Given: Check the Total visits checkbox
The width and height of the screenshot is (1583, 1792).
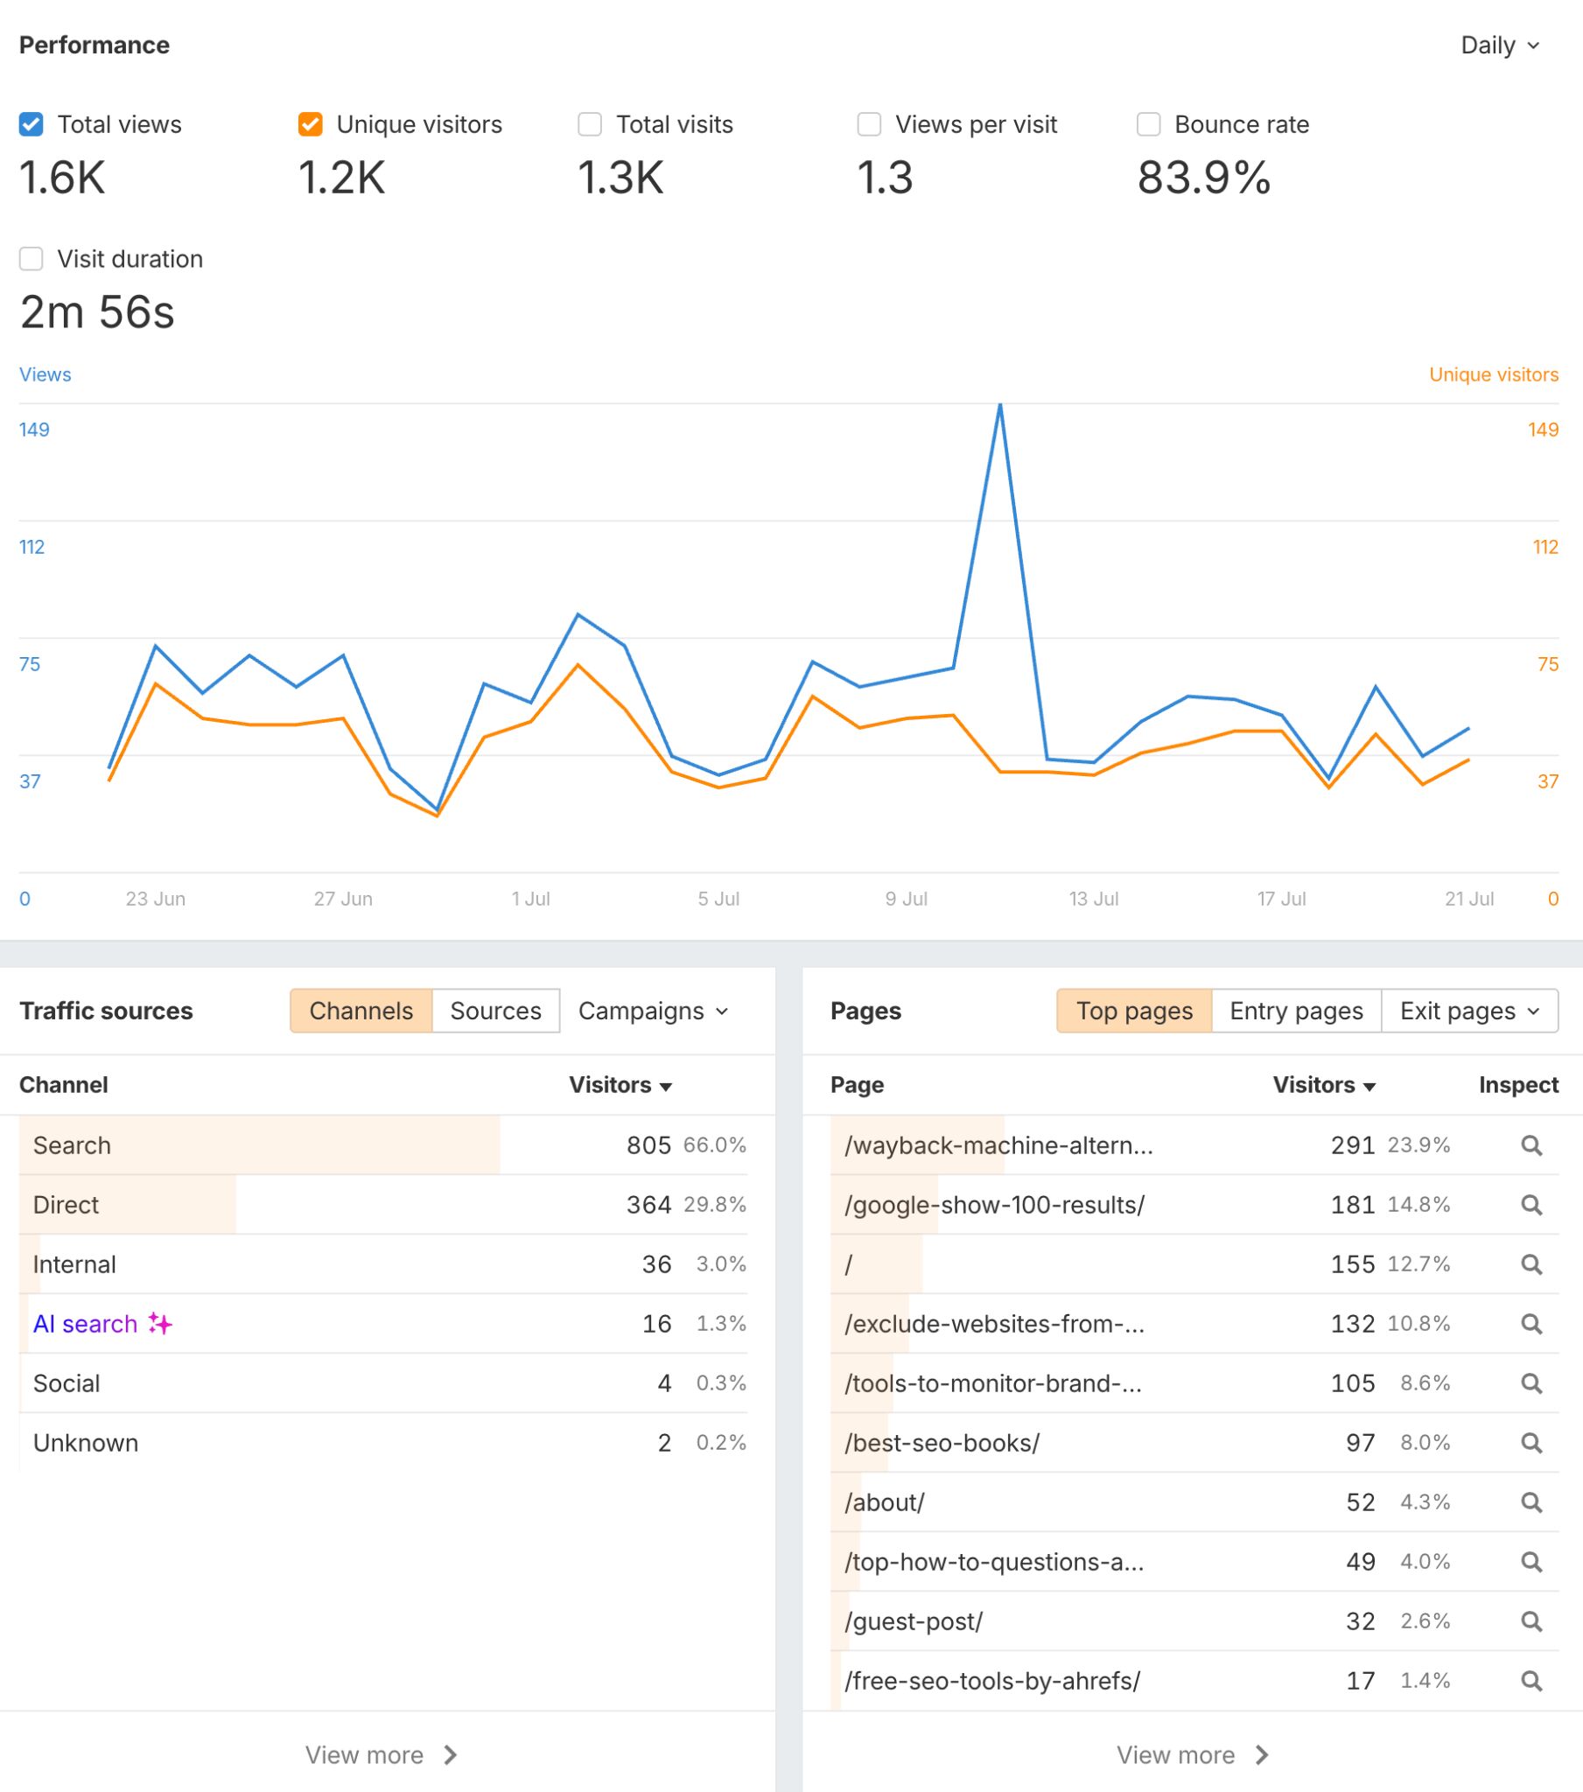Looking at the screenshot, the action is (589, 124).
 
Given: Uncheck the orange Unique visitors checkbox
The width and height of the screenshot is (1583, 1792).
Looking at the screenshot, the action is (311, 124).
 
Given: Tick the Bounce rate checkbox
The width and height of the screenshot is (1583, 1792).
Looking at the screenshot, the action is (1148, 124).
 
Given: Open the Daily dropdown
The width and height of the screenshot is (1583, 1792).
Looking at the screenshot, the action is (1500, 45).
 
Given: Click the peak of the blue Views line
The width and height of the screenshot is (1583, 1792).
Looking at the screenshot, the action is (1000, 405).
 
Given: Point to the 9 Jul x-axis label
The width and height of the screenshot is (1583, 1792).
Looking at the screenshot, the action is (906, 899).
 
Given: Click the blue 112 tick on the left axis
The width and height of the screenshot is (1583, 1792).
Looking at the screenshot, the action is (32, 547).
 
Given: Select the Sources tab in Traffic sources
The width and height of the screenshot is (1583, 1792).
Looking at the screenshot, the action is (495, 1011).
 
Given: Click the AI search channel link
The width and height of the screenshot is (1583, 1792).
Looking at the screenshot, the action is (85, 1324).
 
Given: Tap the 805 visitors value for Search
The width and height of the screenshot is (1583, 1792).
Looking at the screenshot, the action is (648, 1145).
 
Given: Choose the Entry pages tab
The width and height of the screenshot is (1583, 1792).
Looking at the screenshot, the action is (1296, 1011).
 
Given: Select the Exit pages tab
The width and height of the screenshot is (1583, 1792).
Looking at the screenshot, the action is (1470, 1011).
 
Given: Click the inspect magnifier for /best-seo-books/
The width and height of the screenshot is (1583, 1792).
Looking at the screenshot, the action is (1531, 1442).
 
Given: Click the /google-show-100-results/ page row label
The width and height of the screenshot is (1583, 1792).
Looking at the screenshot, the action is (995, 1205).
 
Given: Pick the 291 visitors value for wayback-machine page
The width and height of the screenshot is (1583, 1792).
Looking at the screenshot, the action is (1352, 1145).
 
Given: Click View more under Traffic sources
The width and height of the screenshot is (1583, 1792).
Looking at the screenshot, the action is (381, 1754).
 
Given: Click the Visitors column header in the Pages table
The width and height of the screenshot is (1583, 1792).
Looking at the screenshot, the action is (1323, 1084).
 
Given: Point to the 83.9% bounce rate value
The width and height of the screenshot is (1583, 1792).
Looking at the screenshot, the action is (1203, 178).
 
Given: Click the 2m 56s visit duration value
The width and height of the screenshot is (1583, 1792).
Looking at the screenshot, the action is (97, 312).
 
